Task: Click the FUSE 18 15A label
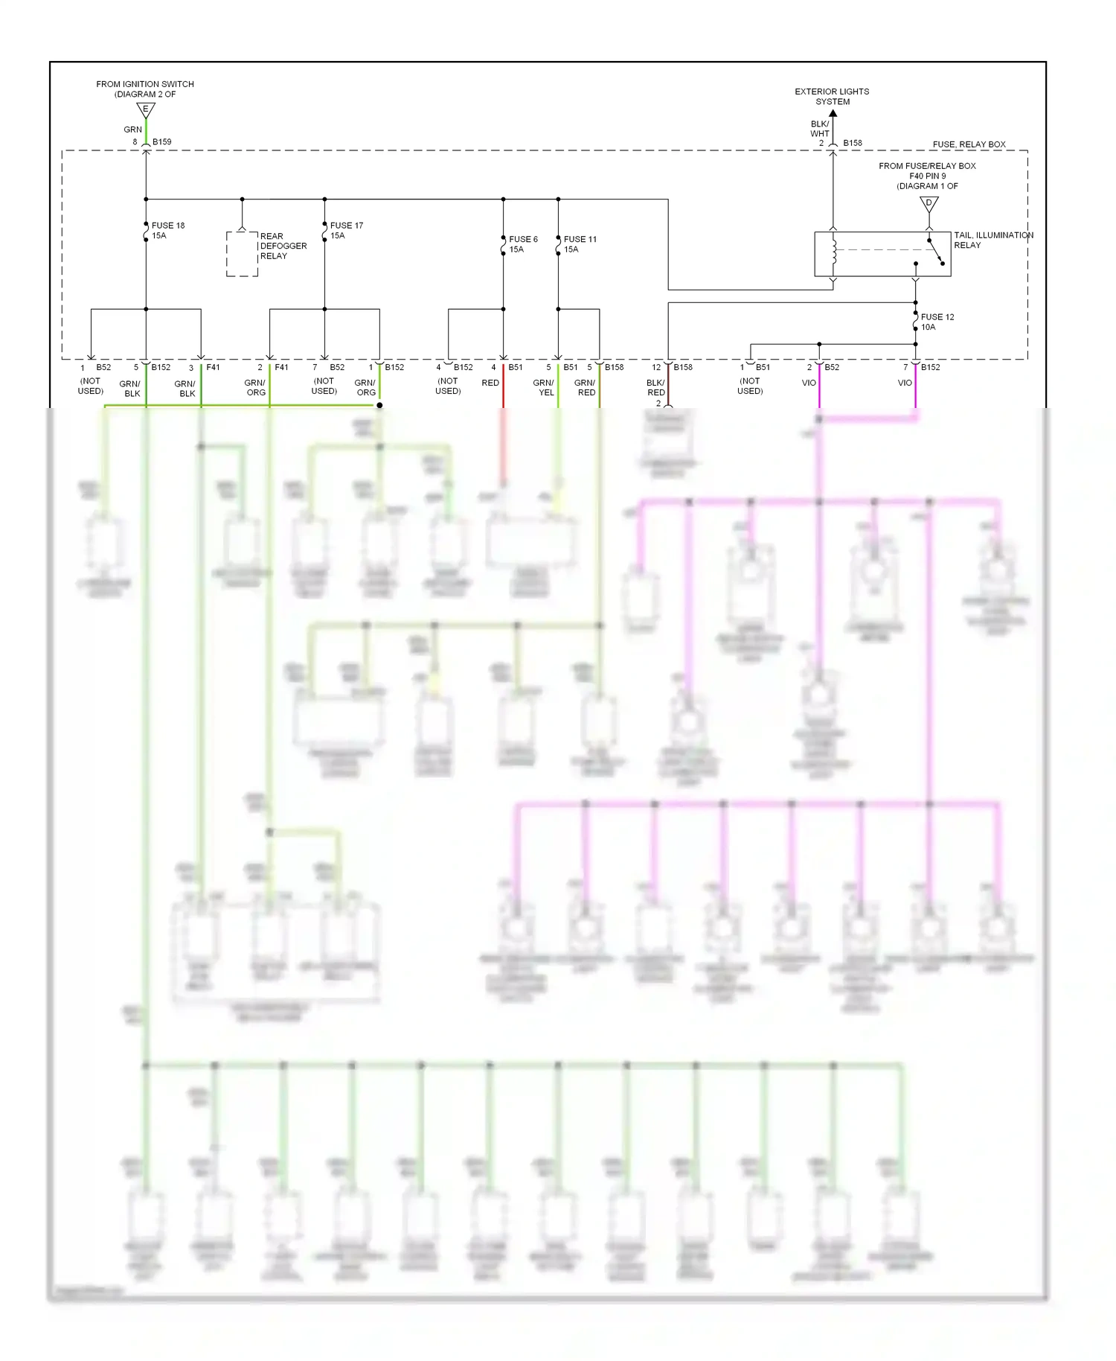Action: (167, 230)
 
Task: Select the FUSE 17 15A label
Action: (346, 230)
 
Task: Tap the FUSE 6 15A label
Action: (523, 244)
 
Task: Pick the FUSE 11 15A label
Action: (580, 244)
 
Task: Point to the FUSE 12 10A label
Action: (937, 322)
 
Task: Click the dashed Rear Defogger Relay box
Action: (242, 254)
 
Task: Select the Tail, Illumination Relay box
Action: (882, 254)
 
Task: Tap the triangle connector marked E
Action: (146, 110)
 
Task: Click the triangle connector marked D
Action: (929, 203)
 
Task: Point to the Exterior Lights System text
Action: (832, 97)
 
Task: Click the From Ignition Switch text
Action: (145, 89)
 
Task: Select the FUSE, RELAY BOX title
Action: (969, 144)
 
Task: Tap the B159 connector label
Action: (161, 141)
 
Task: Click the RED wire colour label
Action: (490, 383)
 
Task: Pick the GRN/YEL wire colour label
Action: (544, 387)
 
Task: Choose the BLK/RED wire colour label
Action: (655, 387)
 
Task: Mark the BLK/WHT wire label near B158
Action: (819, 129)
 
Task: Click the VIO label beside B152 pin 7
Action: (904, 383)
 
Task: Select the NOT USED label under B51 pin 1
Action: (750, 386)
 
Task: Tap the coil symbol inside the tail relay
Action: (834, 252)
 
